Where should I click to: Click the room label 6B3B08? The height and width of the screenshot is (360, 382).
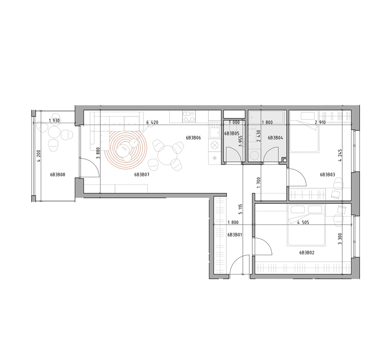[x=57, y=175]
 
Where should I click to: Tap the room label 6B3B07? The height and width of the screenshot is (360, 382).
[x=141, y=175]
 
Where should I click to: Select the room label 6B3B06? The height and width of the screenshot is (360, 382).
[x=193, y=138]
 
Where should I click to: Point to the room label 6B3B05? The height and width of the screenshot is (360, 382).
[x=232, y=134]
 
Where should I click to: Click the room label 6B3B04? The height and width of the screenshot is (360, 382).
[x=275, y=138]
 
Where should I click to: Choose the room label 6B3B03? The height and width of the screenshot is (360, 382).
[x=328, y=175]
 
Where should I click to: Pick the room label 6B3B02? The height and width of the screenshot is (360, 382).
[x=307, y=253]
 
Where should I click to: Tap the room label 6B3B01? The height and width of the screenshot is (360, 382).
[x=235, y=235]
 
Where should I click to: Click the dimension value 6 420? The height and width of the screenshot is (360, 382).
[x=152, y=122]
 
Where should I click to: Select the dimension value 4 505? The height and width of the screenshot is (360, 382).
[x=303, y=222]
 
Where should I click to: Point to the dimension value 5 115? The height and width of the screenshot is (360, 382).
[x=241, y=209]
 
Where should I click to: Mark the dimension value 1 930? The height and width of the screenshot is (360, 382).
[x=54, y=121]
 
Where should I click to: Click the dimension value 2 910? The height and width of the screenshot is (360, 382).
[x=320, y=122]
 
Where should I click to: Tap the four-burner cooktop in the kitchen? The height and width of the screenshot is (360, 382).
[x=189, y=117]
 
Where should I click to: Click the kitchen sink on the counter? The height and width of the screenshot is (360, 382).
[x=214, y=130]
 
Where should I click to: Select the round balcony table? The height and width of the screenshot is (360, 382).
[x=54, y=132]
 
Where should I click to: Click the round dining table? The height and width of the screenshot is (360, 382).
[x=167, y=155]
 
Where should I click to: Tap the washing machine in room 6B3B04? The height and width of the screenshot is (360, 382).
[x=254, y=155]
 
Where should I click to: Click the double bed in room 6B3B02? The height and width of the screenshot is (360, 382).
[x=306, y=225]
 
